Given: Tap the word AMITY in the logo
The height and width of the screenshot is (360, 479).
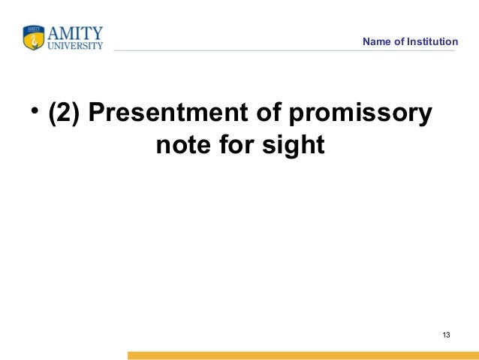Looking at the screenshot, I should pyautogui.click(x=74, y=33).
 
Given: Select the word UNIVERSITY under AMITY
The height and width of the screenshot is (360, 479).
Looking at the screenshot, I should pyautogui.click(x=75, y=45).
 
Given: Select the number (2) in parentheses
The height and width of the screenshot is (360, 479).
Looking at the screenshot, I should pyautogui.click(x=65, y=114).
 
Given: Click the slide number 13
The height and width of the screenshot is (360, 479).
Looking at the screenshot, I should pyautogui.click(x=446, y=334).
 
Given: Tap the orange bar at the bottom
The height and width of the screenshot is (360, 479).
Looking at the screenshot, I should pyautogui.click(x=300, y=355).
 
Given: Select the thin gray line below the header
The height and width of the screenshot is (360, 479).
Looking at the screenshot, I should pyautogui.click(x=285, y=51).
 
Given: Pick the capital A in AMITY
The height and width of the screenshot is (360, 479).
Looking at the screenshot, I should pyautogui.click(x=54, y=33).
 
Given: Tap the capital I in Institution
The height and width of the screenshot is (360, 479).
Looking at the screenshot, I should pyautogui.click(x=410, y=41).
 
